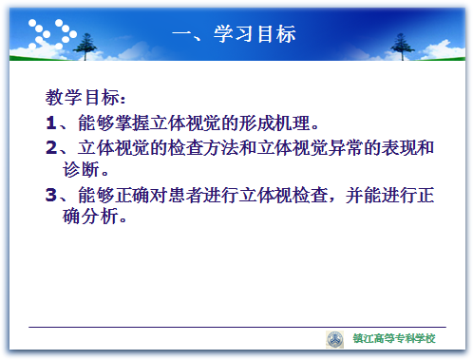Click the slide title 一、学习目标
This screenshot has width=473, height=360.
tap(234, 33)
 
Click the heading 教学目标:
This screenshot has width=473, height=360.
tap(85, 97)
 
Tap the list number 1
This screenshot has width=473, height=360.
tap(51, 123)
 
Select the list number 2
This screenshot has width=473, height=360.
tap(51, 147)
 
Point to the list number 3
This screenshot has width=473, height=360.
tap(51, 195)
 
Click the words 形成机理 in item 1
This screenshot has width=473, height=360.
tap(274, 123)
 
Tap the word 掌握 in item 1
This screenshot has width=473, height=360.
tap(132, 123)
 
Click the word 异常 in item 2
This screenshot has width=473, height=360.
tap(345, 147)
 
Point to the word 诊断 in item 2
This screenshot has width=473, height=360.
tap(81, 169)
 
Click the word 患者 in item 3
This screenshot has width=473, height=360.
tap(185, 195)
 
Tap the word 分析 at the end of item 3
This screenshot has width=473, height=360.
tap(90, 217)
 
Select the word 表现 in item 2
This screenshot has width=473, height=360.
tap(398, 147)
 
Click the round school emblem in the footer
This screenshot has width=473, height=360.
tap(334, 339)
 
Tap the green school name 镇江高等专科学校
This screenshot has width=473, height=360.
tap(394, 338)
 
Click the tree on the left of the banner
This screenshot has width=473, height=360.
tap(85, 47)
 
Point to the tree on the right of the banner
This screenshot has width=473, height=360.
tap(402, 47)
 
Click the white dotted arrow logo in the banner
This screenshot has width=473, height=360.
tap(52, 34)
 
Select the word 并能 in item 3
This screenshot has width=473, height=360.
tap(363, 195)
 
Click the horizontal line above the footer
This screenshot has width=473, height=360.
tap(237, 327)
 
